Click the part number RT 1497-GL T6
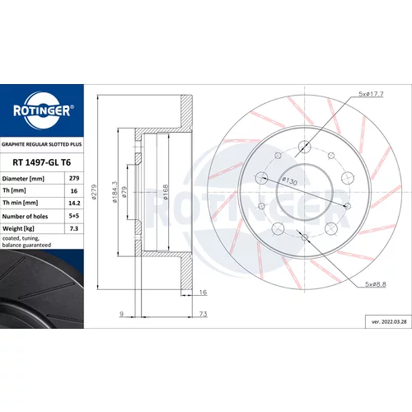42,162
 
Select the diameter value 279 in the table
74,178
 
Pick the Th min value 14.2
74,203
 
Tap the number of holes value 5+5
74,216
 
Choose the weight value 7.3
74,228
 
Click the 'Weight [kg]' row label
18,228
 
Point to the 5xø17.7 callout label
371,94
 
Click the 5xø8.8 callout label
376,284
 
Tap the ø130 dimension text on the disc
290,180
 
